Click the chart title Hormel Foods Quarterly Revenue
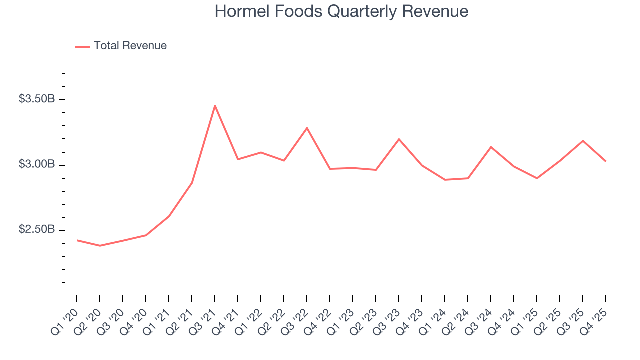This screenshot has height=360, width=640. coord(341,11)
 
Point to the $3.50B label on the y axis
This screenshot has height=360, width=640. coord(37,99)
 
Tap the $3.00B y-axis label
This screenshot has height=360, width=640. coord(37,164)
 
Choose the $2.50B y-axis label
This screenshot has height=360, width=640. coord(37,229)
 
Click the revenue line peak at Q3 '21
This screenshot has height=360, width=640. coord(215,105)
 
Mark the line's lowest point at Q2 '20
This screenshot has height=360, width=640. coord(100,246)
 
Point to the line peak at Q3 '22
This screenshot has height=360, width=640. coord(307,128)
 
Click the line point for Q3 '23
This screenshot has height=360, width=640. coord(399,139)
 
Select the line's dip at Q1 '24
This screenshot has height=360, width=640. coord(445,180)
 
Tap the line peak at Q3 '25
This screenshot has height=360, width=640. coord(583,141)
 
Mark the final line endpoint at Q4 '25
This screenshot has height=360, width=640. coord(606,161)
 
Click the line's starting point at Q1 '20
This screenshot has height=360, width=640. coord(77,240)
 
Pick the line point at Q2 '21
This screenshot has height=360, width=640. coord(192,183)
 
